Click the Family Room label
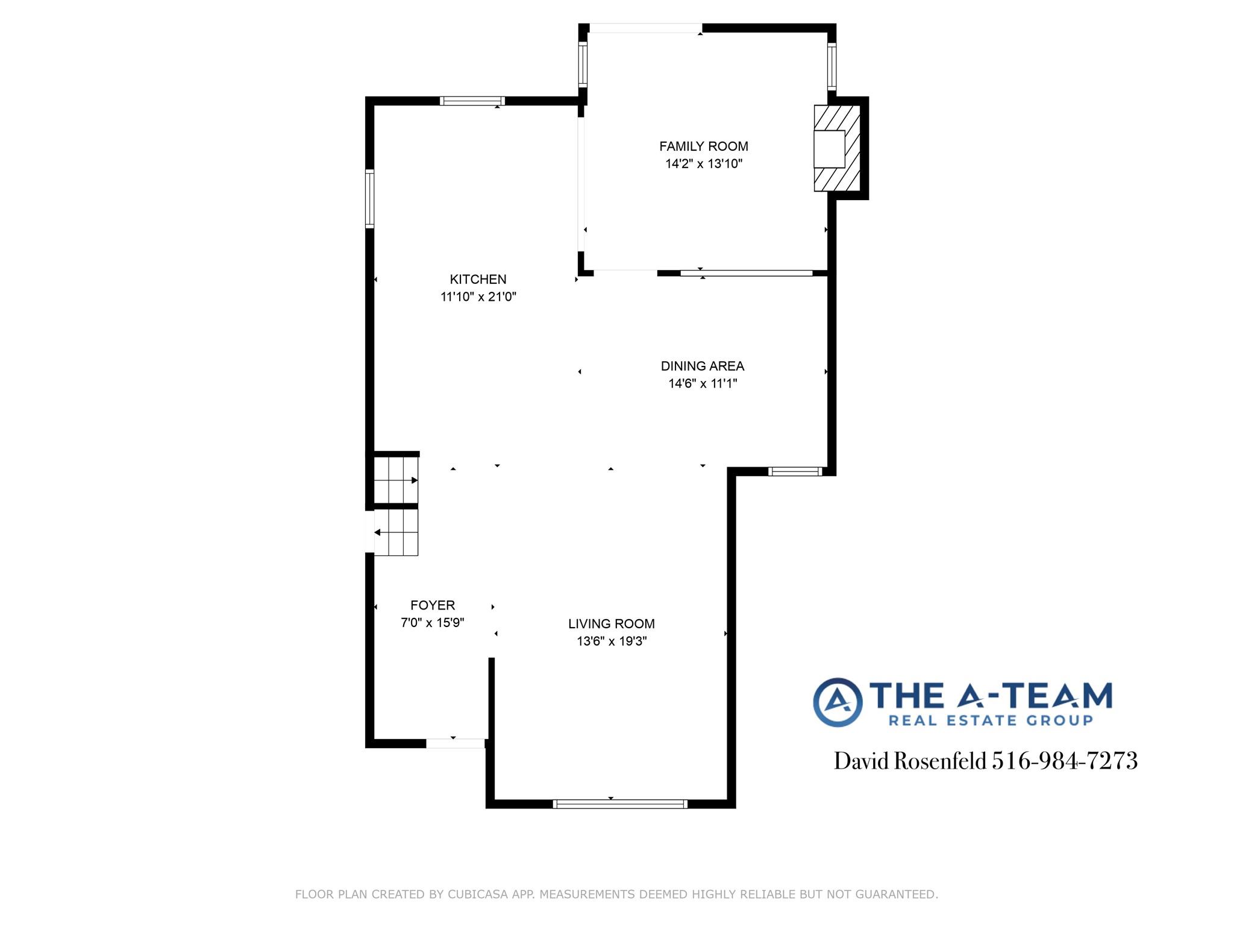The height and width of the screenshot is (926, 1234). pos(703,146)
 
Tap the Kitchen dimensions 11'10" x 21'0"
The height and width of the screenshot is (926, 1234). pos(478,297)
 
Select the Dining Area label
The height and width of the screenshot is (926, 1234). pos(702,366)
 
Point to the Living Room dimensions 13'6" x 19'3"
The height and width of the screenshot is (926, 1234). pos(612,641)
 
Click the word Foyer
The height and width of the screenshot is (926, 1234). pos(433,605)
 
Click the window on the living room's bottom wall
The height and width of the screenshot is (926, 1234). pos(620,804)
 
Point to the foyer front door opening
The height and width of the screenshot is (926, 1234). pos(456,743)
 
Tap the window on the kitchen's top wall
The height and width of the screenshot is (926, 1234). pos(472,101)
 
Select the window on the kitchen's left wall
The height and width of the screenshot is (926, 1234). pos(370,199)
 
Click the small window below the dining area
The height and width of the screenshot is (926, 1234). pos(795,471)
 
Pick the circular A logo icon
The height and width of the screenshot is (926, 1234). pos(838,702)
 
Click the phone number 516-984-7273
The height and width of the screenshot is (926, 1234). pos(1065,761)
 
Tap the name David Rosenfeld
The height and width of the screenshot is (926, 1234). pos(910,761)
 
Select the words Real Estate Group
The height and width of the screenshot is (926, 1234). pos(991,720)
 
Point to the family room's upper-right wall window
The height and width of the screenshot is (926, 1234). pos(832,66)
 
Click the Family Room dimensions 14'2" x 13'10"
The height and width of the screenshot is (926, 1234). pos(703,164)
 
